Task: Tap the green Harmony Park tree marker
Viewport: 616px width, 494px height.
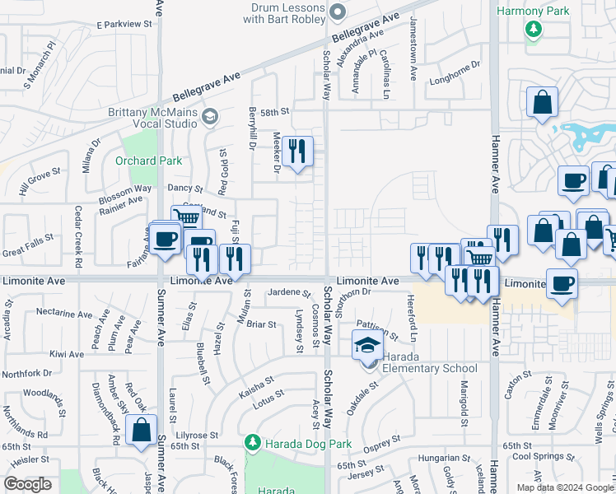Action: point(534,29)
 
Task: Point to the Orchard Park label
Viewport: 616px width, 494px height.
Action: point(148,161)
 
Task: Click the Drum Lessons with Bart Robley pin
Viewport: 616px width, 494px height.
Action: point(336,12)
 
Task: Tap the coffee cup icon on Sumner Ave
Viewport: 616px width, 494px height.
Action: point(165,239)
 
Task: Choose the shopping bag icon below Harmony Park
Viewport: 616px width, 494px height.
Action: point(543,104)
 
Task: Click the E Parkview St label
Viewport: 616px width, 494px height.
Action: point(125,25)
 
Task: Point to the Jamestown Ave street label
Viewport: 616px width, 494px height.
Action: point(413,40)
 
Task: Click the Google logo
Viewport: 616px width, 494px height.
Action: point(27,484)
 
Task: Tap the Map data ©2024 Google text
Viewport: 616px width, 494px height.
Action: point(564,487)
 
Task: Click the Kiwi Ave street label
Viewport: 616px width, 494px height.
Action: point(67,355)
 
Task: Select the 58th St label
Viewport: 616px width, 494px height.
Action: point(276,110)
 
